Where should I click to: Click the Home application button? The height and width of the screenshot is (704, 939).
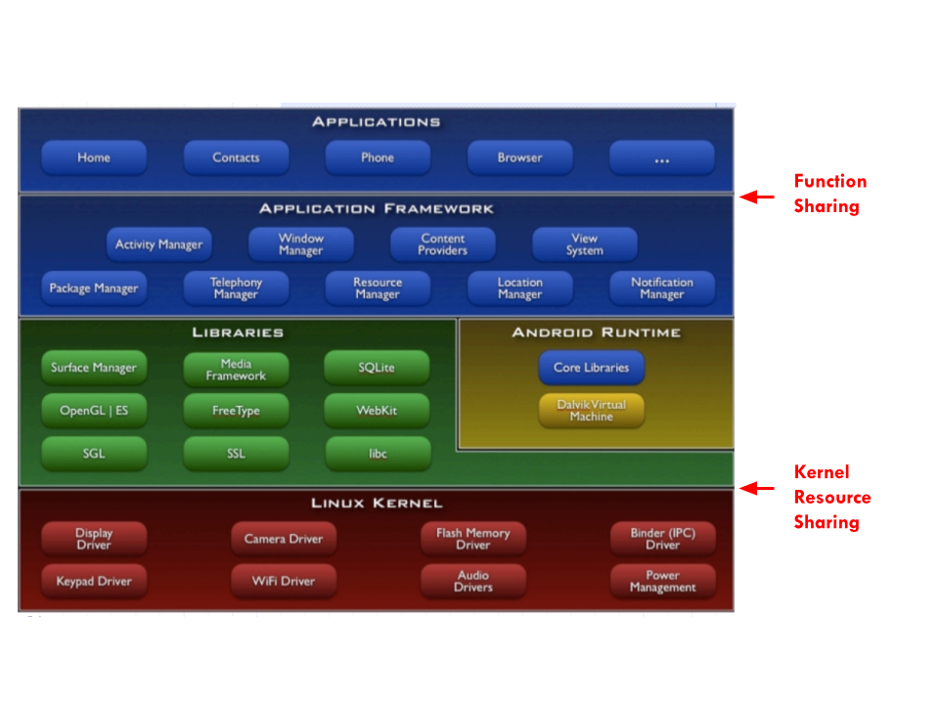click(x=94, y=157)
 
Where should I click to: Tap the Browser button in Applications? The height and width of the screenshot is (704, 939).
click(x=519, y=157)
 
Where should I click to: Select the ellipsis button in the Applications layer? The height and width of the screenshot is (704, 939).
click(x=662, y=157)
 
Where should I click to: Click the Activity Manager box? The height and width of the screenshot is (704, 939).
click(x=158, y=244)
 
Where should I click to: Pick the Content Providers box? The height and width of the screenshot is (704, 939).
click(x=442, y=244)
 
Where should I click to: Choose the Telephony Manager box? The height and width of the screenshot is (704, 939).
click(x=236, y=287)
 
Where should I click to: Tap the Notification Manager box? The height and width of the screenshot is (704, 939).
click(x=662, y=287)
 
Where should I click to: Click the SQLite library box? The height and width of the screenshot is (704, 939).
click(x=377, y=368)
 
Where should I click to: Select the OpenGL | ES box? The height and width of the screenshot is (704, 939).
click(x=94, y=411)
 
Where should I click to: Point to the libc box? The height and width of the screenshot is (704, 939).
click(x=378, y=454)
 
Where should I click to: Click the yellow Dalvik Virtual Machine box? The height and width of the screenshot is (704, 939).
click(x=592, y=411)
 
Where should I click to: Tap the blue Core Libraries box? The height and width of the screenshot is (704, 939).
click(x=592, y=368)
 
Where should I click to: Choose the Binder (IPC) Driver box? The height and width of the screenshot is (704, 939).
click(x=663, y=539)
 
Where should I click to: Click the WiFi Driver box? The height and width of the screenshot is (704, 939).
click(x=284, y=581)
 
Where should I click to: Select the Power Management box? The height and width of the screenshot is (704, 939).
click(x=663, y=581)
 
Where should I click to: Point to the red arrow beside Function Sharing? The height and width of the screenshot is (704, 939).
click(x=757, y=197)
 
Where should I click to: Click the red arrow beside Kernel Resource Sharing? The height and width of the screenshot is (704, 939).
click(x=757, y=489)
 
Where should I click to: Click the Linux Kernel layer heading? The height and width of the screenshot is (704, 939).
click(x=377, y=503)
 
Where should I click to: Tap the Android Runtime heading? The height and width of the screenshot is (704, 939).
click(x=597, y=332)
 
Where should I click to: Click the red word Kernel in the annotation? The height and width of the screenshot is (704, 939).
click(x=822, y=472)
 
